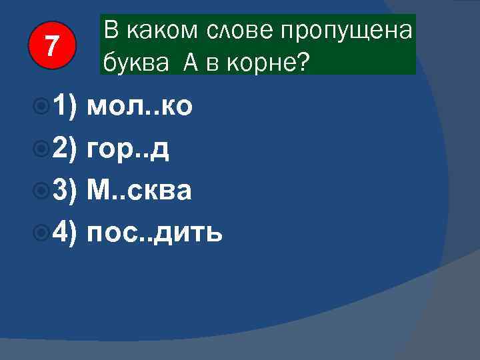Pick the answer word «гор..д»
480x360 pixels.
pyautogui.click(x=128, y=150)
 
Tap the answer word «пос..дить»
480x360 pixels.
pyautogui.click(x=155, y=233)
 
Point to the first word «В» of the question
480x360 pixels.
pyautogui.click(x=111, y=31)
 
